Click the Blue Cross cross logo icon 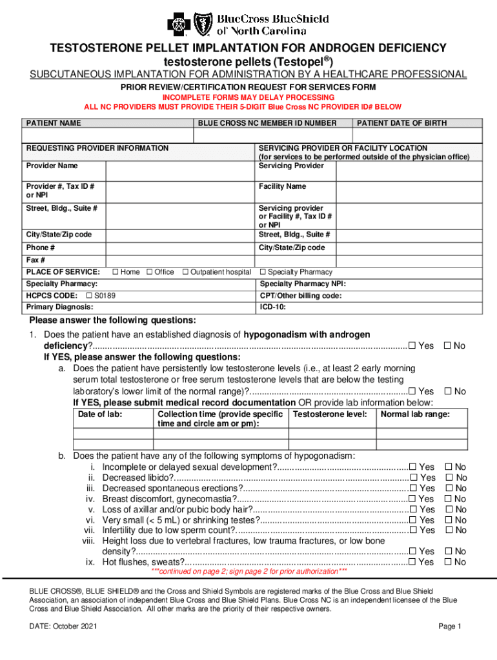click(179, 24)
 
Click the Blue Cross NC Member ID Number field click(272, 135)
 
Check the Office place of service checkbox click(150, 272)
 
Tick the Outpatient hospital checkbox click(186, 272)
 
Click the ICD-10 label click(272, 307)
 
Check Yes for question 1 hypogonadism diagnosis click(412, 346)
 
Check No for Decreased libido click(449, 478)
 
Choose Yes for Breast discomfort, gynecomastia click(412, 499)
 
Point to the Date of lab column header click(100, 414)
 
